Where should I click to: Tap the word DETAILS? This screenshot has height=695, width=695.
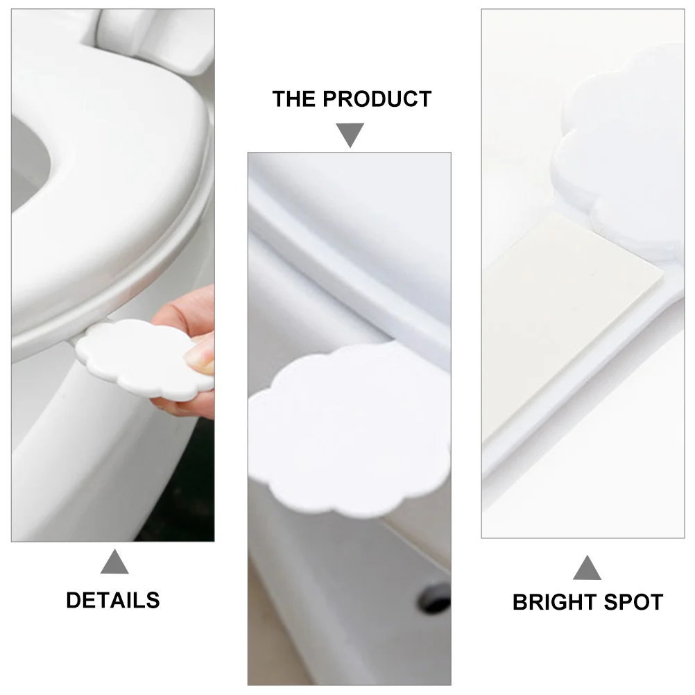[x=113, y=600]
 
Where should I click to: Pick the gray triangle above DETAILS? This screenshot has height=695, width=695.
[x=114, y=563]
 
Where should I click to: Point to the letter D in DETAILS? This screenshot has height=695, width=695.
[x=73, y=600]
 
